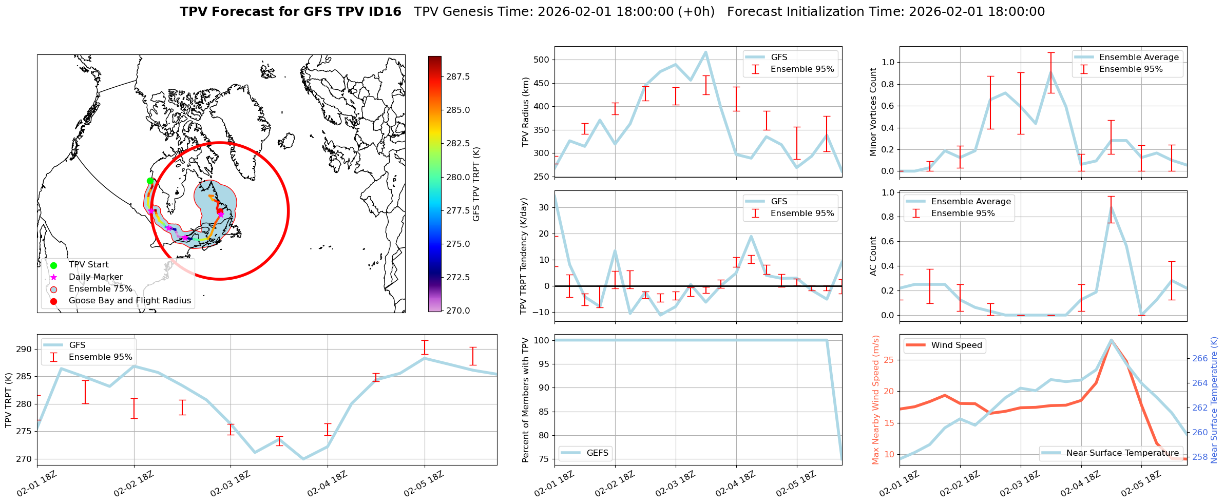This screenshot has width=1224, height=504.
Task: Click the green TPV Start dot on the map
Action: [x=150, y=181]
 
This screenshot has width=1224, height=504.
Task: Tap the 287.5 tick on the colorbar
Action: [x=458, y=76]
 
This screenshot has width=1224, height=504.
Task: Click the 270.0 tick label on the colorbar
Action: [x=458, y=311]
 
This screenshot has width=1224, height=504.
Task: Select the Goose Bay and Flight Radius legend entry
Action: [x=129, y=301]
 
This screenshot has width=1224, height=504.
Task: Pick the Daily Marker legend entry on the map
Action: [x=95, y=277]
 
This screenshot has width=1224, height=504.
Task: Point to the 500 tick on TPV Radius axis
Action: [x=542, y=60]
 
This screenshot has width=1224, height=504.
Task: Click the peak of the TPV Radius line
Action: [x=705, y=52]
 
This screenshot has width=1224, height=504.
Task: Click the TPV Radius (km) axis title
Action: [x=525, y=112]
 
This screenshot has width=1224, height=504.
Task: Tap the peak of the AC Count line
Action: [x=1111, y=206]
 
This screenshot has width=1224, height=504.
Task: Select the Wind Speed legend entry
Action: [x=956, y=345]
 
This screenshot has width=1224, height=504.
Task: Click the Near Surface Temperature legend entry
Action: [x=1122, y=453]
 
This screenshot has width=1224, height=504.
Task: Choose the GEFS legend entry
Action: [x=597, y=453]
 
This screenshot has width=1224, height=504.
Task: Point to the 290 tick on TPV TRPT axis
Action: [x=25, y=350]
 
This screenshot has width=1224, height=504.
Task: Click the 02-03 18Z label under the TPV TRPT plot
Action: [x=230, y=484]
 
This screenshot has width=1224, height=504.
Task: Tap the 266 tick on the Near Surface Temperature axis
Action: [x=1200, y=358]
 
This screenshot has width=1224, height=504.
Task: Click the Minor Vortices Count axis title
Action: [x=873, y=112]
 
